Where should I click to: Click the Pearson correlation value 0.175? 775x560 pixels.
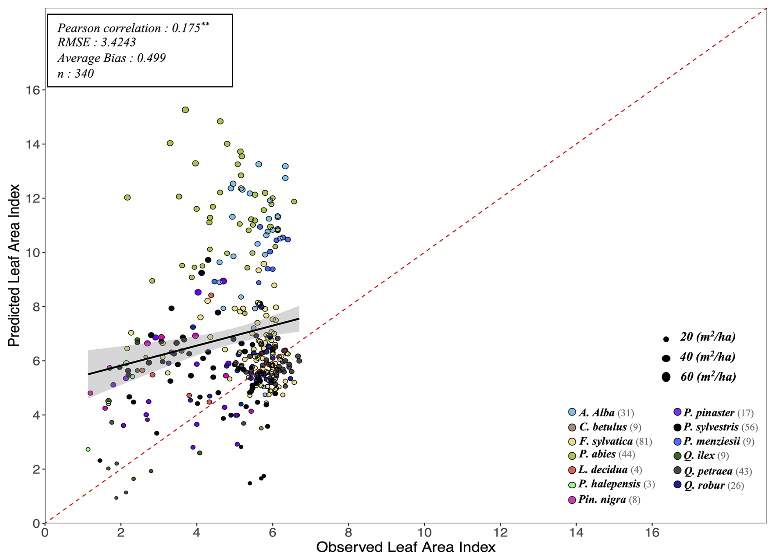186,28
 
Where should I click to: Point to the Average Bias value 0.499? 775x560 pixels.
151,58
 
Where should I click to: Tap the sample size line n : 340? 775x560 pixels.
76,74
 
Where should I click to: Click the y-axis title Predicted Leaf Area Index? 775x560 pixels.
14,265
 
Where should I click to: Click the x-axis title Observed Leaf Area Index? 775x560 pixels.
406,547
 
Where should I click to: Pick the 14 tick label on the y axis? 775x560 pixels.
33,144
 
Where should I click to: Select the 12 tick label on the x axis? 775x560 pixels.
500,533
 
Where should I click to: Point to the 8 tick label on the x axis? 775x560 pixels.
348,533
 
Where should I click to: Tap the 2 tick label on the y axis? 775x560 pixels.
36,469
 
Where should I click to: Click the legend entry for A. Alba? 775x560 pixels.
597,413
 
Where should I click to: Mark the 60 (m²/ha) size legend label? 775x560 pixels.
708,377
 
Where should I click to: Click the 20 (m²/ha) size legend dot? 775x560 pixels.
666,339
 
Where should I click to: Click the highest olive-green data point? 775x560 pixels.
185,110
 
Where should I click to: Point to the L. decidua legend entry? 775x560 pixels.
603,470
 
